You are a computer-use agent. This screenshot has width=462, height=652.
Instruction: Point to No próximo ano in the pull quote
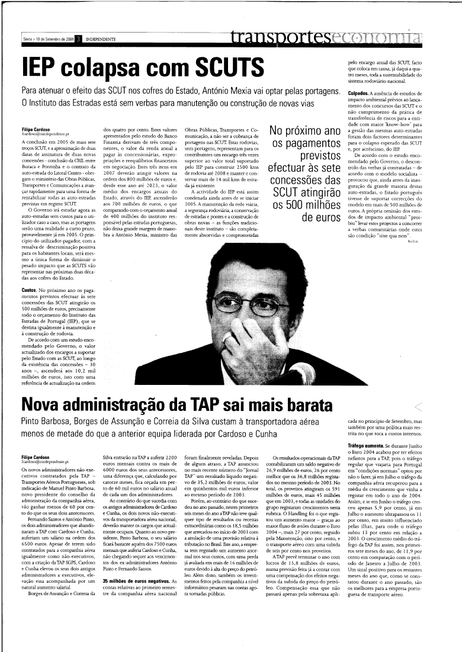coord(304,130)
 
